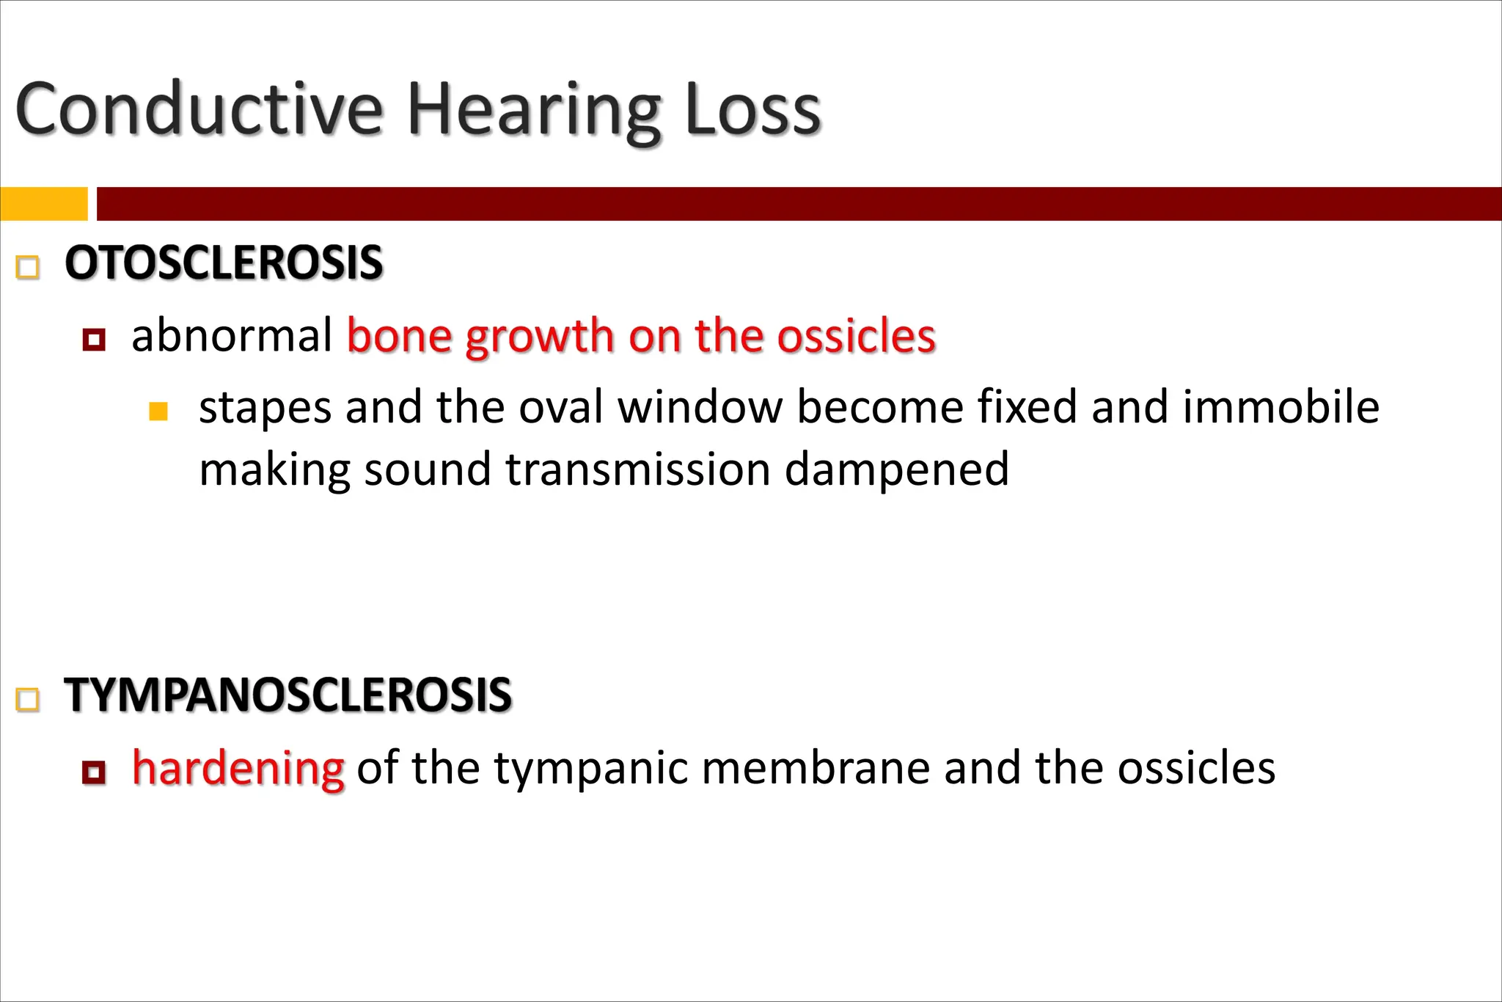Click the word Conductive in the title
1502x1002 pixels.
coord(199,110)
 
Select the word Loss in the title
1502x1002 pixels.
coord(753,110)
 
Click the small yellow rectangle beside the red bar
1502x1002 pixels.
coord(44,203)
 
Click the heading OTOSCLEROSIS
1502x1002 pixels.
coord(224,263)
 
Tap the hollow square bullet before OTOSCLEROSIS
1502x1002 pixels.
coord(28,266)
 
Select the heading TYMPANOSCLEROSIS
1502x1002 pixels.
coord(287,695)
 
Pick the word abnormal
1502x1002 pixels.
coord(232,336)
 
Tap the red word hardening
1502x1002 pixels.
coord(238,769)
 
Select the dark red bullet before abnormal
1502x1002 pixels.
coord(94,340)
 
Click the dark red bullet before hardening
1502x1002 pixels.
coord(94,772)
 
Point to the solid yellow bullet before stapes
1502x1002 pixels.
coord(158,411)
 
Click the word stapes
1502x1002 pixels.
coord(265,408)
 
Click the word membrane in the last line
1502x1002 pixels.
coord(815,768)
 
